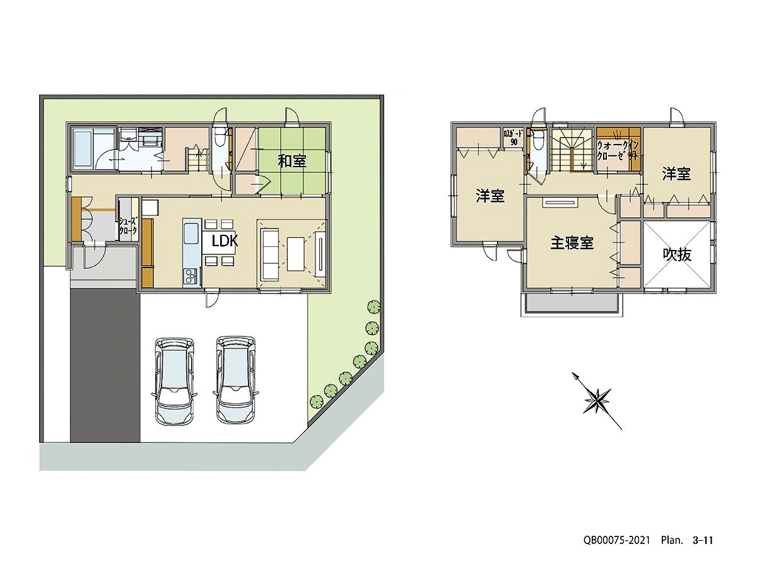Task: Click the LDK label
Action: [x=225, y=242]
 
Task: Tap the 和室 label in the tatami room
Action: [x=292, y=161]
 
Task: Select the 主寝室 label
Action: [x=572, y=243]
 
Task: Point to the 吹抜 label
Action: [x=677, y=255]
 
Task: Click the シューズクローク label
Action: [x=128, y=226]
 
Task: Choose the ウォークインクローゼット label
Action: [x=618, y=150]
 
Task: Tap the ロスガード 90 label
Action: [x=513, y=137]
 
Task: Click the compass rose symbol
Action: [x=597, y=401]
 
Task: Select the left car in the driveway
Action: [x=173, y=381]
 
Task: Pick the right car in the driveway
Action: [x=237, y=380]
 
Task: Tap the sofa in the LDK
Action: [x=270, y=254]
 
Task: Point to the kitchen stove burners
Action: [x=191, y=276]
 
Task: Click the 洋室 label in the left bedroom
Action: [x=490, y=196]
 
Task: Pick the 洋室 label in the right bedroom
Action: [x=676, y=174]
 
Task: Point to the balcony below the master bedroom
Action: [x=572, y=305]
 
